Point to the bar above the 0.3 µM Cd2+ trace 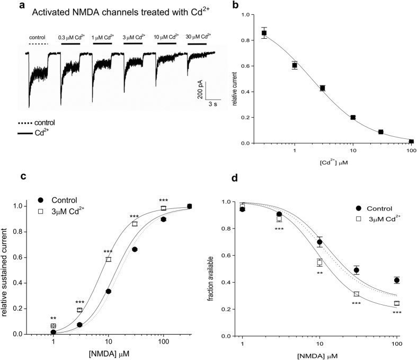click(71, 44)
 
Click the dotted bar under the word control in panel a click(38, 44)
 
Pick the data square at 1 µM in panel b click(295, 66)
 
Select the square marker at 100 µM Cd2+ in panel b click(411, 142)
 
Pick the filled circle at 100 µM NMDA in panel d click(396, 280)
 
